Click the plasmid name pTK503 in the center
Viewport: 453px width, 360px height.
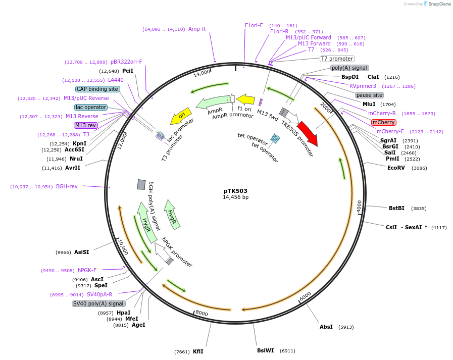[235, 191]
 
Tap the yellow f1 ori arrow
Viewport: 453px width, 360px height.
[246, 99]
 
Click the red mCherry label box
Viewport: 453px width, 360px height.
[383, 122]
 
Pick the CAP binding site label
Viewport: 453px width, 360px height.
[97, 89]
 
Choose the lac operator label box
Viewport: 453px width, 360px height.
[91, 107]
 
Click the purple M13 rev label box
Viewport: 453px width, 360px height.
[85, 125]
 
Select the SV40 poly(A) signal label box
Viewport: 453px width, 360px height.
[98, 303]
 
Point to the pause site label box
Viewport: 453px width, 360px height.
[369, 95]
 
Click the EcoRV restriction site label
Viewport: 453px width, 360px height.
[396, 168]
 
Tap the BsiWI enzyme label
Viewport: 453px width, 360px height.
[265, 350]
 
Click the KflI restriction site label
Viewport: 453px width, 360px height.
[198, 351]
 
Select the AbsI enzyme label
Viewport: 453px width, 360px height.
[326, 327]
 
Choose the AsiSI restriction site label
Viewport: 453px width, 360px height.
[81, 252]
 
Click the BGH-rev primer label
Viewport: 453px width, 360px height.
[67, 186]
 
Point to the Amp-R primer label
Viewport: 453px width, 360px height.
[197, 29]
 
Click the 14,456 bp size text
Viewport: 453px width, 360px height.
[235, 197]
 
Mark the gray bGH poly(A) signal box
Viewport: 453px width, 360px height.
[141, 185]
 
